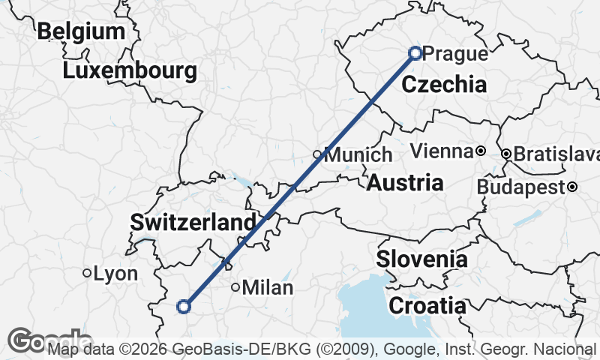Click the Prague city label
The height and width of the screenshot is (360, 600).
click(455, 54)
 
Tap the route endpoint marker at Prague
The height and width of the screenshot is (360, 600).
click(415, 52)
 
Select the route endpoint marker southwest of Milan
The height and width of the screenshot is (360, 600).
click(183, 306)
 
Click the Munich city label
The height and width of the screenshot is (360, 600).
click(358, 155)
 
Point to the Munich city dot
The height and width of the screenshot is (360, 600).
click(317, 154)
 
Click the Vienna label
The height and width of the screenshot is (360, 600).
click(442, 151)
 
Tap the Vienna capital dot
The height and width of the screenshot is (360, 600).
click(480, 151)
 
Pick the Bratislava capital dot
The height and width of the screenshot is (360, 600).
click(506, 154)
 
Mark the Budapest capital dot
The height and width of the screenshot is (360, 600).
click(572, 186)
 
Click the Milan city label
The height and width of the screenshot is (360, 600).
click(268, 287)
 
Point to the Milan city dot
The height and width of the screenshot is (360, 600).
click(235, 286)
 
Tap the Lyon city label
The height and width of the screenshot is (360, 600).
click(115, 274)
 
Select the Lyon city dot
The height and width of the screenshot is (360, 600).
click(87, 273)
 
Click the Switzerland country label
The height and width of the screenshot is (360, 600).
click(193, 223)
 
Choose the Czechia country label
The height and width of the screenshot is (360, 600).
click(444, 85)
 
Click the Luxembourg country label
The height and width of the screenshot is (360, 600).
click(130, 71)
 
